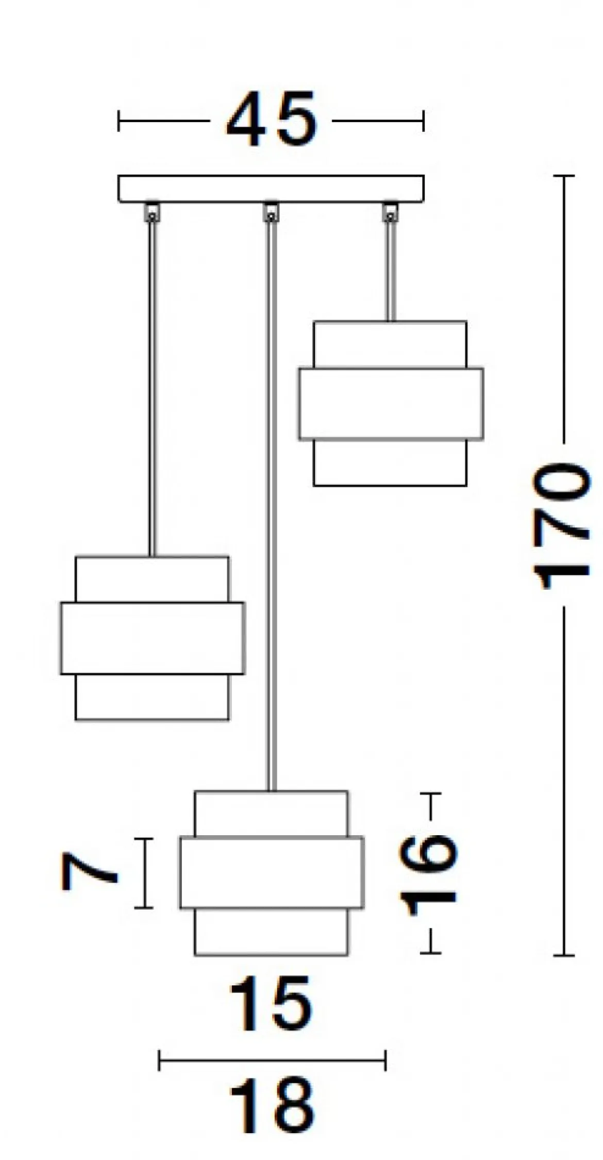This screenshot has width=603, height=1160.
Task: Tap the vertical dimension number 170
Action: [x=561, y=525]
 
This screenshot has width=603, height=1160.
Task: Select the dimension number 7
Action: [x=89, y=872]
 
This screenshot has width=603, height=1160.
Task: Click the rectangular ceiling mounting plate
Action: [x=271, y=189]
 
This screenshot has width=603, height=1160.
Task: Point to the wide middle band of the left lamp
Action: [x=153, y=638]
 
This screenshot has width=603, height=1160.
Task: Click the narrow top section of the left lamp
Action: [x=152, y=579]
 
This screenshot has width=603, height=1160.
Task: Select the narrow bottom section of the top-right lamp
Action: [x=390, y=462]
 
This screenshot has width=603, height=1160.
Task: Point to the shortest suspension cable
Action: [x=391, y=272]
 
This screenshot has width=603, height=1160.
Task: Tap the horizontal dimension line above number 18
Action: [x=272, y=1060]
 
